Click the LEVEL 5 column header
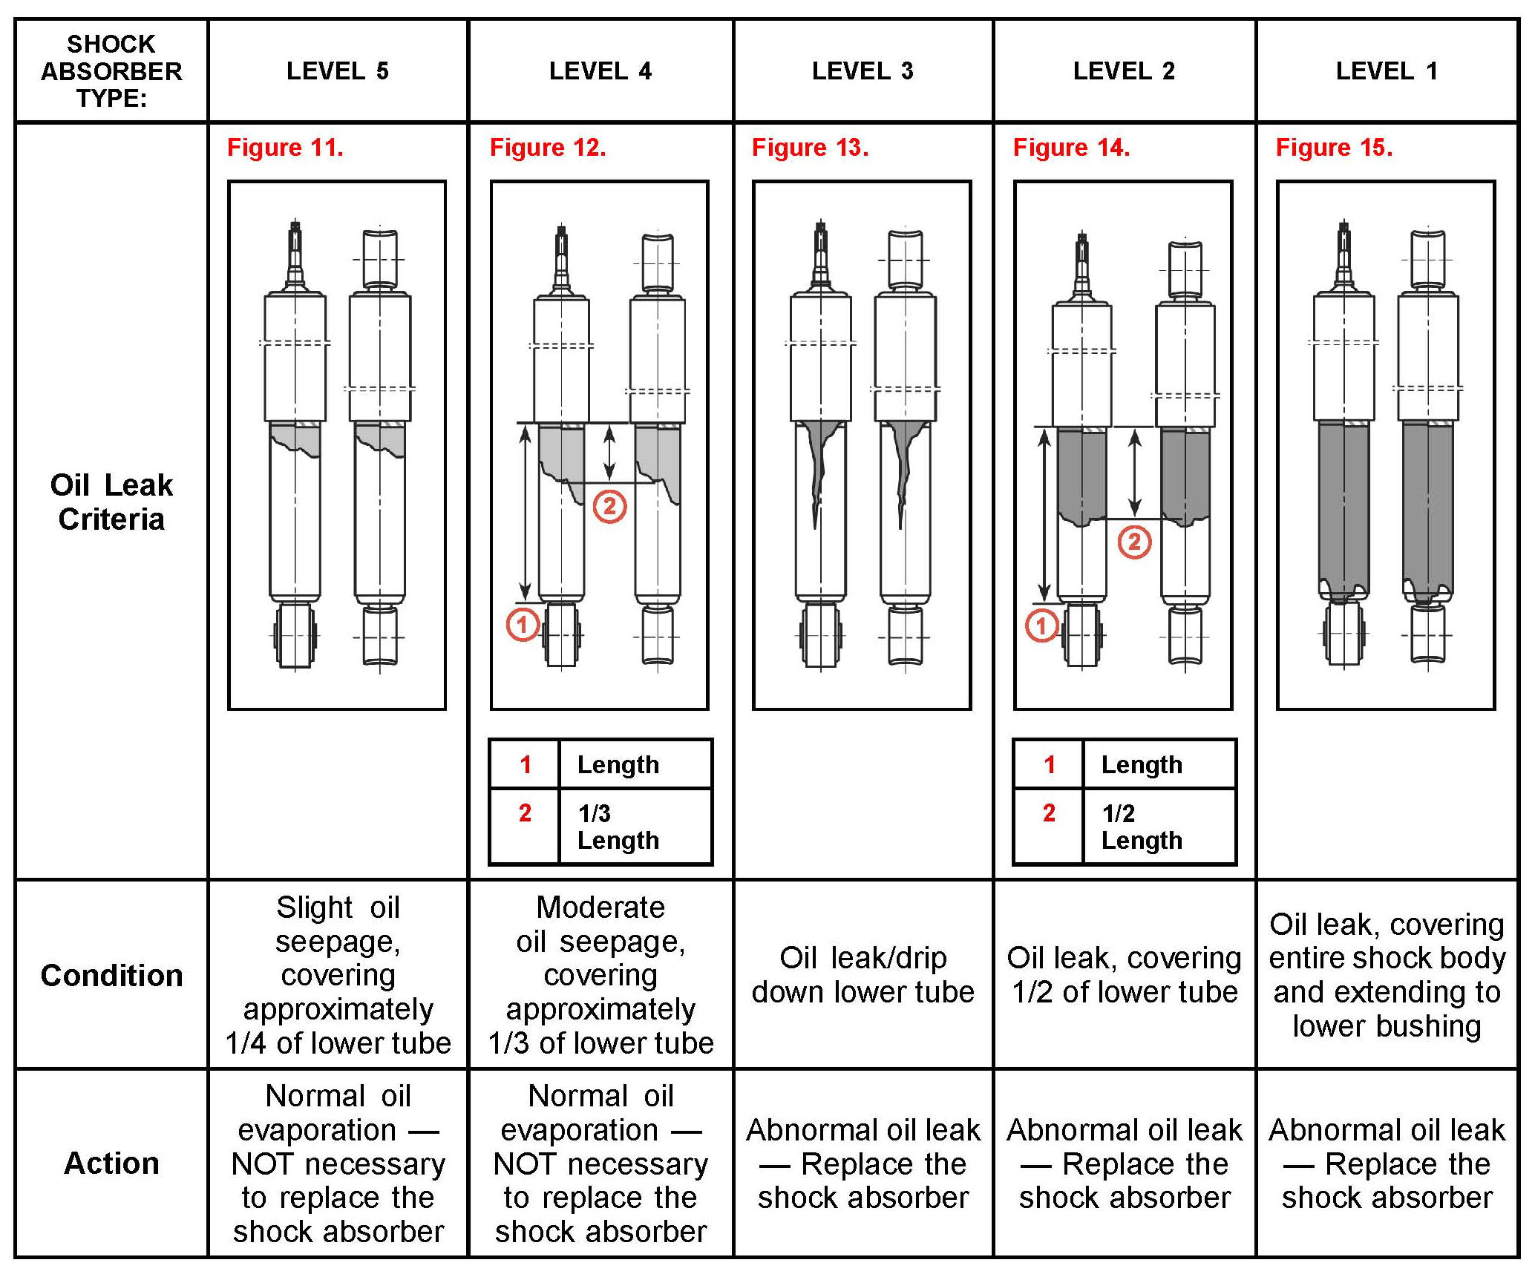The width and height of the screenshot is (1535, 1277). click(338, 71)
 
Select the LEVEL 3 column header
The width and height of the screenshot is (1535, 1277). click(863, 71)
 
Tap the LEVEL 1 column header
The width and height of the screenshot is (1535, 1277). click(1387, 71)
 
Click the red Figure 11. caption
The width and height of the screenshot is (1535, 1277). click(285, 148)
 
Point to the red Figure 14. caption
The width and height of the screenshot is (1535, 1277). click(1071, 148)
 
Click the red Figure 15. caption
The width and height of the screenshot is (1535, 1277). click(1334, 148)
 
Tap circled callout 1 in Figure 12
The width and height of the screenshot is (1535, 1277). click(523, 625)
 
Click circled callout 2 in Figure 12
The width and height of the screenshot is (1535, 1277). click(609, 507)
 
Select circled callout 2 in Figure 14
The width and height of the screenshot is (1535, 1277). click(1134, 542)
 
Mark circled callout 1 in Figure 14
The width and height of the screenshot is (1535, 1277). click(1041, 626)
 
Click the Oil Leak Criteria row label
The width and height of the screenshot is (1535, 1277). click(111, 502)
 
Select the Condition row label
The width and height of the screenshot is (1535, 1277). click(111, 975)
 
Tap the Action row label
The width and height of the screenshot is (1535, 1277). click(111, 1163)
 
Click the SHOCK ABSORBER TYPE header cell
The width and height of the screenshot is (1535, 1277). click(111, 71)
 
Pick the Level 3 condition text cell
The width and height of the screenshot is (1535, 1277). click(863, 975)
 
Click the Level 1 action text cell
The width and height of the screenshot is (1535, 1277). click(1387, 1163)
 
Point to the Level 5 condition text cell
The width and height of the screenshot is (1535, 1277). click(338, 975)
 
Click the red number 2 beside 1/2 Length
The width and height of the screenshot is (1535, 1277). click(1048, 813)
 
